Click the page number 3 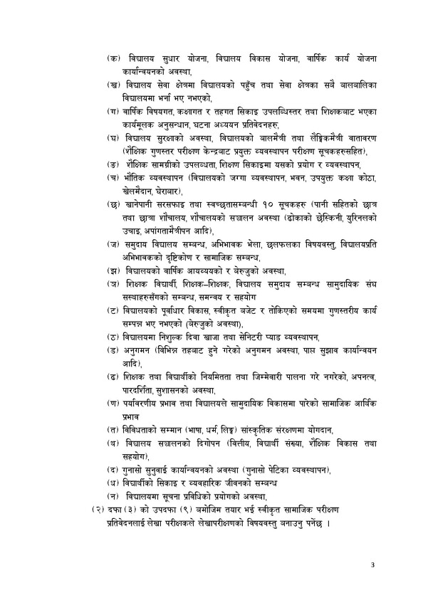pos(372,565)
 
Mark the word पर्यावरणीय pos(147,404)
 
